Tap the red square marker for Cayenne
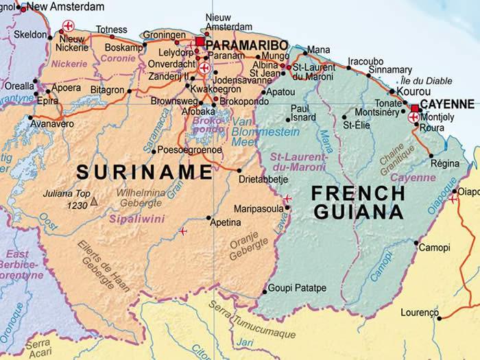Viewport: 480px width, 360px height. click(416, 108)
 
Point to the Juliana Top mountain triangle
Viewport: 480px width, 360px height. click(94, 202)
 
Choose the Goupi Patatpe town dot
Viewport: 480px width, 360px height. click(264, 292)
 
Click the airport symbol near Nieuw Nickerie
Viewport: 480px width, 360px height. click(67, 26)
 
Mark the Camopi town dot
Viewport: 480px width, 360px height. click(416, 242)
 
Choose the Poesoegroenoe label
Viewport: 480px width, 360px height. click(190, 149)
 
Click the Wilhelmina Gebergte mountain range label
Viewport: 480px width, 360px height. click(140, 197)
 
